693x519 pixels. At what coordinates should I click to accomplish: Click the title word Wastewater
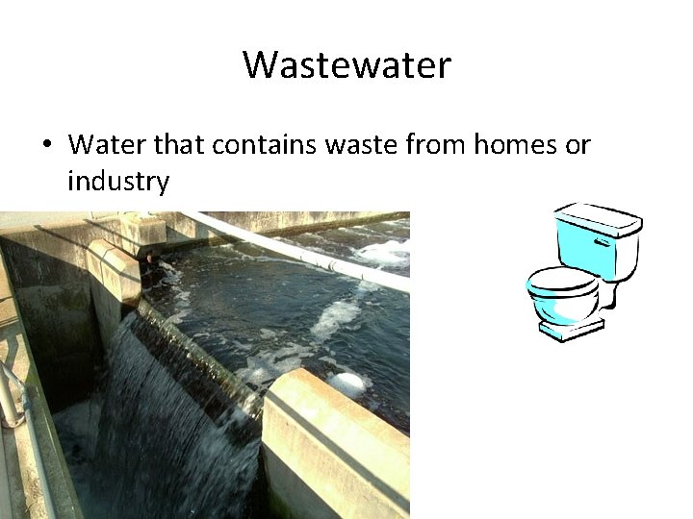pyautogui.click(x=346, y=65)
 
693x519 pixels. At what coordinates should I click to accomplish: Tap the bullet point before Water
pyautogui.click(x=45, y=145)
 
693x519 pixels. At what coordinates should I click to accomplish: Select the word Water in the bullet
pyautogui.click(x=100, y=145)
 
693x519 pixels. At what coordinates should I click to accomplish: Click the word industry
pyautogui.click(x=118, y=180)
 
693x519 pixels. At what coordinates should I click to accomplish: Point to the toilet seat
pyautogui.click(x=563, y=282)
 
